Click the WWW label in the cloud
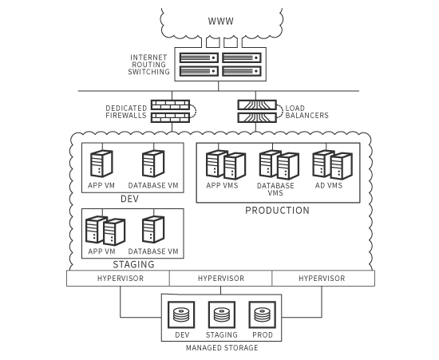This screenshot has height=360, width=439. pyautogui.click(x=220, y=22)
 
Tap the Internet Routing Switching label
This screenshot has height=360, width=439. pyautogui.click(x=149, y=65)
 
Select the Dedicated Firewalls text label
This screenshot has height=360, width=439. pyautogui.click(x=126, y=112)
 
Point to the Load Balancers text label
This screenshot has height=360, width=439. pyautogui.click(x=307, y=112)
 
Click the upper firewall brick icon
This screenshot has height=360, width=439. pyautogui.click(x=171, y=105)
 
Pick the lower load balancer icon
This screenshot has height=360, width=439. pyautogui.click(x=257, y=117)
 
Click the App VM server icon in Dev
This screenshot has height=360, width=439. pyautogui.click(x=101, y=164)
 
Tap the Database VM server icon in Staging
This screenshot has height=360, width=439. pyautogui.click(x=153, y=230)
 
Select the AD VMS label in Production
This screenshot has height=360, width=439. pyautogui.click(x=329, y=186)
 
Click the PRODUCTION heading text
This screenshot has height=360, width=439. pyautogui.click(x=277, y=211)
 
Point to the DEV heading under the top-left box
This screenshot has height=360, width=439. pyautogui.click(x=129, y=199)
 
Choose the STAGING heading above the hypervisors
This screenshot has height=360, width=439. pyautogui.click(x=133, y=264)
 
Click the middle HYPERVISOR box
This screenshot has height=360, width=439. pyautogui.click(x=220, y=279)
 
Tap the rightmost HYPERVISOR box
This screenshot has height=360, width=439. pyautogui.click(x=323, y=279)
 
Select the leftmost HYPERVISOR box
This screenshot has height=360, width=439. pyautogui.click(x=118, y=279)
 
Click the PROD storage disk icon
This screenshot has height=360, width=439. pyautogui.click(x=263, y=315)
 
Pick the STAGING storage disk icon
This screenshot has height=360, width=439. pyautogui.click(x=222, y=315)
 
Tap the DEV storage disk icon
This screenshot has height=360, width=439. pyautogui.click(x=181, y=315)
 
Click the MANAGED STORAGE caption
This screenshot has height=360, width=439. pyautogui.click(x=222, y=348)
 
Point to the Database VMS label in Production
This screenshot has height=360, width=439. pyautogui.click(x=275, y=189)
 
